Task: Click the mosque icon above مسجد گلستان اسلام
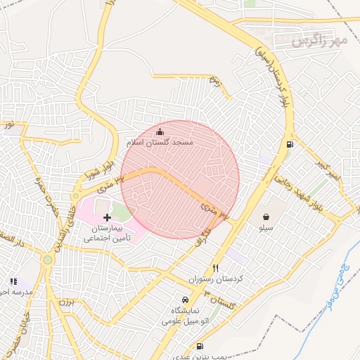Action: (x=160, y=131)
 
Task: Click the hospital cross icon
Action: (x=107, y=219)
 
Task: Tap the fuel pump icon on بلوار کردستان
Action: (x=290, y=145)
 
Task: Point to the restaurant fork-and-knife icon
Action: (x=215, y=268)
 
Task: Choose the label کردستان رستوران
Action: (x=215, y=279)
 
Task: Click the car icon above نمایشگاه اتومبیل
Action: (x=185, y=299)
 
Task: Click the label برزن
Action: (x=65, y=303)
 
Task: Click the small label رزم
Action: (x=216, y=81)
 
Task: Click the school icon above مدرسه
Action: (x=13, y=281)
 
